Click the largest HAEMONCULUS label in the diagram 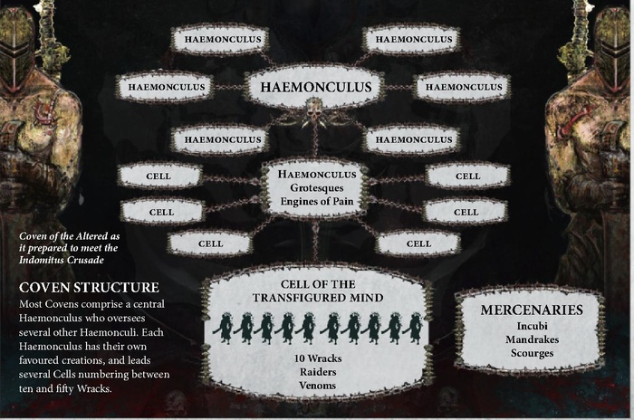click(316, 87)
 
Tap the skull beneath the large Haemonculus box click(316, 109)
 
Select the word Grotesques click(317, 188)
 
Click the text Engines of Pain click(317, 201)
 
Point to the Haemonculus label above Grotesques click(317, 175)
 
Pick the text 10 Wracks click(318, 358)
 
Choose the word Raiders click(318, 372)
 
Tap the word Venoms click(318, 386)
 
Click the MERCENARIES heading click(532, 310)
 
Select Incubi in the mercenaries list click(532, 326)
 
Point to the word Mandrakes click(532, 339)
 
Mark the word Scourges click(532, 353)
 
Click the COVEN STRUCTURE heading click(89, 288)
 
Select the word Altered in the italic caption click(94, 236)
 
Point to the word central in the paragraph click(149, 304)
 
